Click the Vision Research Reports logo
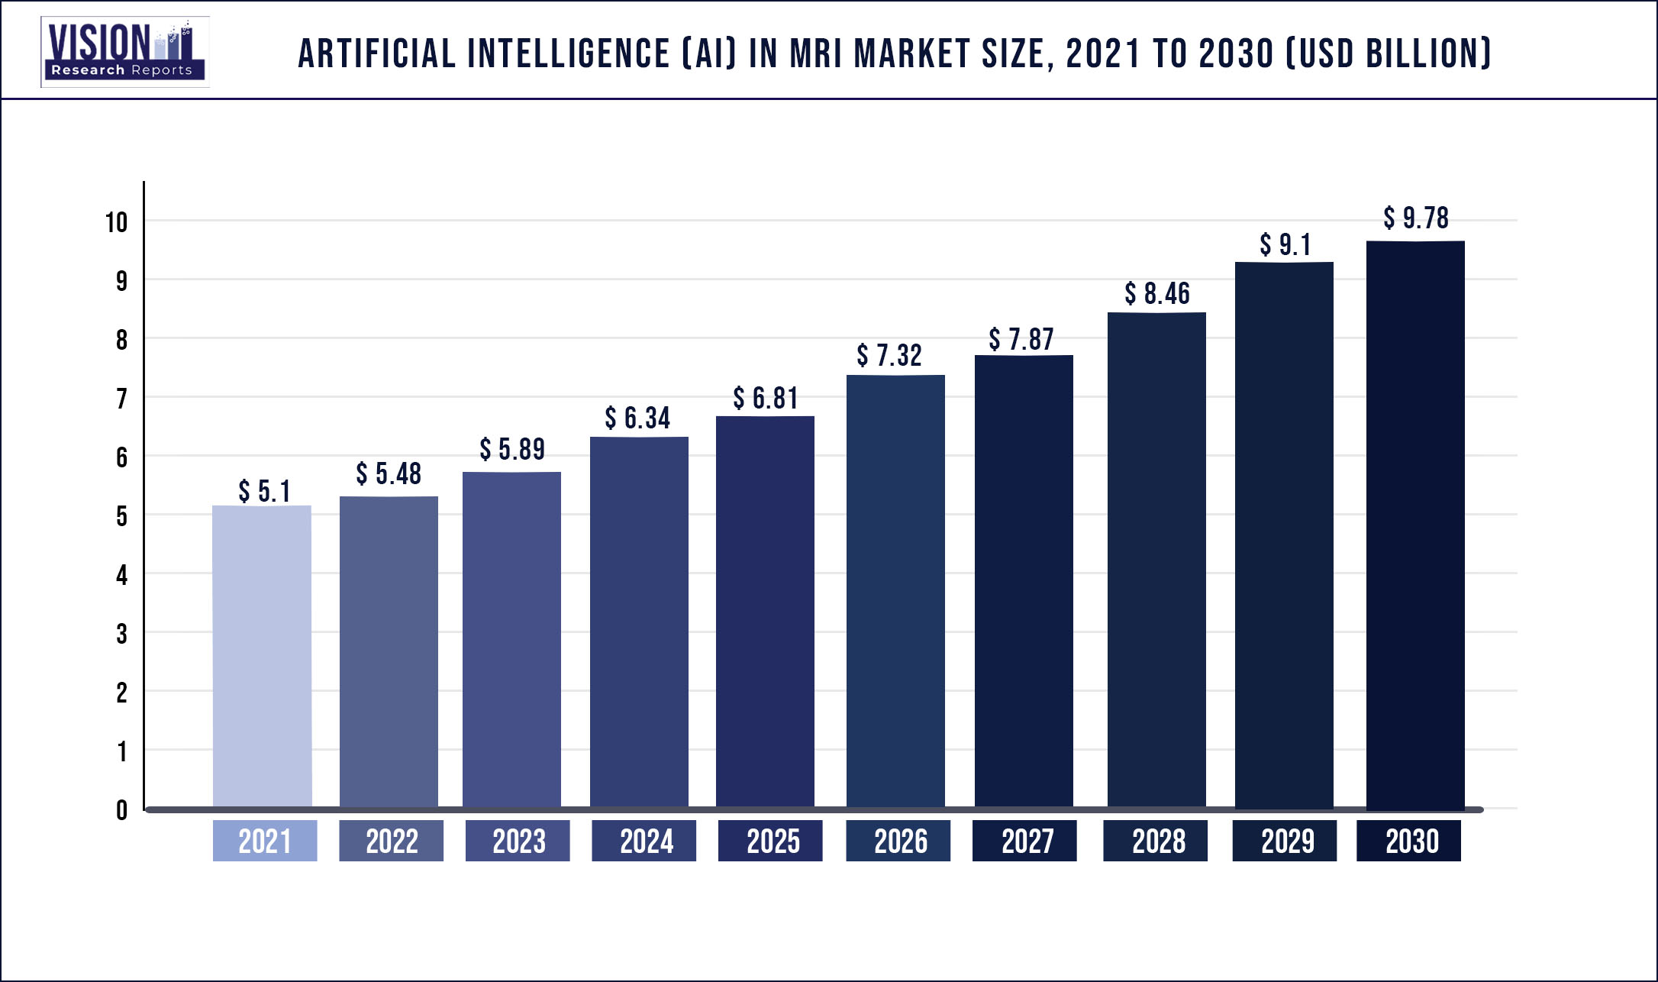tap(124, 51)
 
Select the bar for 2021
tap(262, 657)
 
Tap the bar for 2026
tap(895, 592)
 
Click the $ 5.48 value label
tap(389, 474)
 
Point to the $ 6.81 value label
tap(766, 399)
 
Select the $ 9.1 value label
tap(1285, 245)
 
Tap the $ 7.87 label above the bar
tap(1021, 340)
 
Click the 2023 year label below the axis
tap(518, 841)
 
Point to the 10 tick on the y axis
tap(116, 223)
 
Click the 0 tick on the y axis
tap(121, 810)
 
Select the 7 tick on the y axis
tap(121, 399)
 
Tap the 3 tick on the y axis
tap(121, 634)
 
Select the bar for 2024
tap(639, 622)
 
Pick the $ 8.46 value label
tap(1157, 294)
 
